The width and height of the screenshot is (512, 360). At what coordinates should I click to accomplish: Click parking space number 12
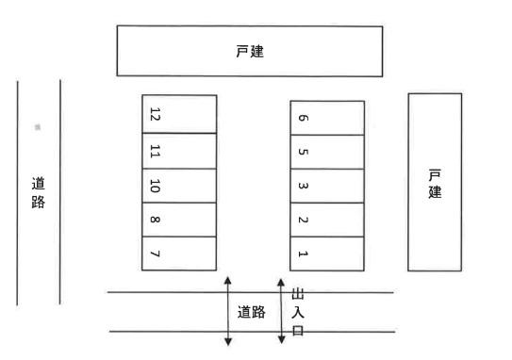179,114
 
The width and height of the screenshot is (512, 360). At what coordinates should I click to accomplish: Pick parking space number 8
179,219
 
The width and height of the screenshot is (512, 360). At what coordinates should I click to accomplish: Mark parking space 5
326,152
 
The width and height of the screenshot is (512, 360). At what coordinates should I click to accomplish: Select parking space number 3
326,186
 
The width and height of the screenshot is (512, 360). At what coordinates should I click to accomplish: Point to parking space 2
326,220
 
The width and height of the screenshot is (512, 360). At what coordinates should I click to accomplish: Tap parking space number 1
326,253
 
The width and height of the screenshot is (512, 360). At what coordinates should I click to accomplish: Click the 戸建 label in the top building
250,52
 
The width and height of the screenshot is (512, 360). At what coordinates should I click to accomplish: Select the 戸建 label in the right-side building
435,183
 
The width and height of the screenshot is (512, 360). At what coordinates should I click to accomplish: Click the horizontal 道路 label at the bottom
250,312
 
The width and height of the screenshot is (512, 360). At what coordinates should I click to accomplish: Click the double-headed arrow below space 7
226,310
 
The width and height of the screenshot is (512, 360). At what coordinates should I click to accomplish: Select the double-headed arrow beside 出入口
280,311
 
